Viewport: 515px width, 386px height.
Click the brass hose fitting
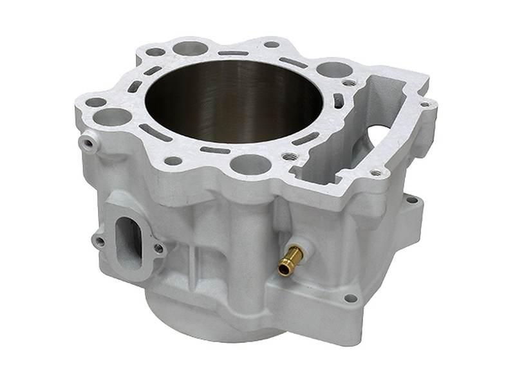290,260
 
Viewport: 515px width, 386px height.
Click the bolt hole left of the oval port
99,241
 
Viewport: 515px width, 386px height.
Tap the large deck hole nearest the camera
248,163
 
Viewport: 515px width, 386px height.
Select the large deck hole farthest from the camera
191,48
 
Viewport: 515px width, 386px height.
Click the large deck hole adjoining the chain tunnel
334,69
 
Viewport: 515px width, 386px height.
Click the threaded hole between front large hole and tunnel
289,156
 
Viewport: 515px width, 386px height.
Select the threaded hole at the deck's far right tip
424,104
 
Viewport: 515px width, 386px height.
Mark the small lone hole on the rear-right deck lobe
272,44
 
